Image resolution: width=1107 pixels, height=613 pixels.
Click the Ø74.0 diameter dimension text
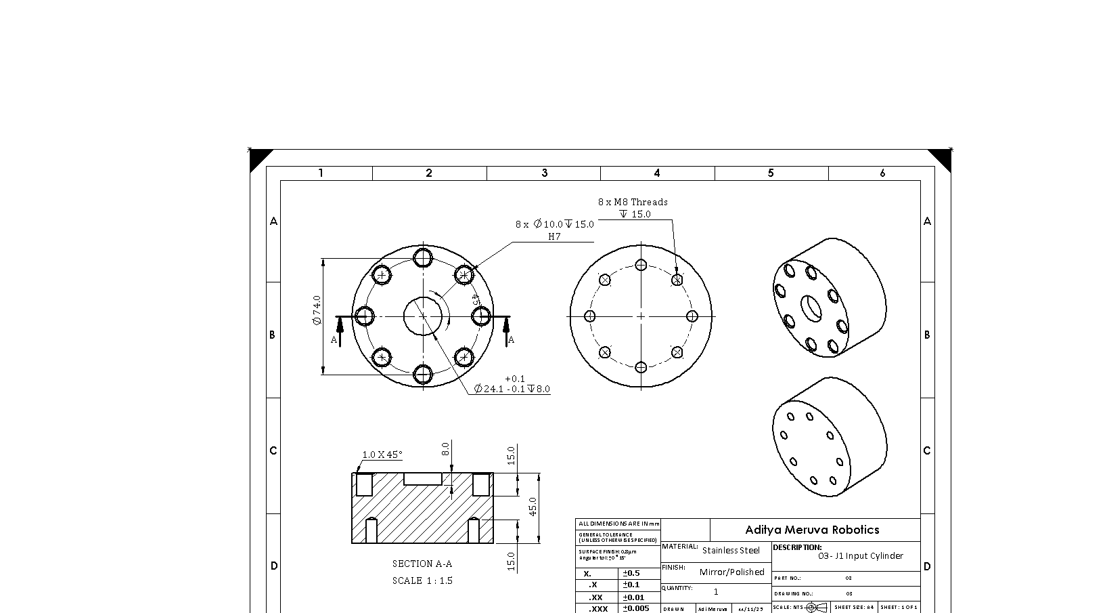point(317,310)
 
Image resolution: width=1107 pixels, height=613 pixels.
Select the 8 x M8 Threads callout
point(633,202)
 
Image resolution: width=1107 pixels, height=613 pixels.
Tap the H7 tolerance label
point(554,236)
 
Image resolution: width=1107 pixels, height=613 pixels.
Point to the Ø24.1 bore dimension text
point(512,389)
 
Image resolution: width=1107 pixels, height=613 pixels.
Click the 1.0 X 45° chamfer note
point(382,455)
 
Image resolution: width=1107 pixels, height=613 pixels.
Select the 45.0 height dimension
point(533,507)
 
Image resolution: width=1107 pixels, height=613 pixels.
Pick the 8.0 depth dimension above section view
point(445,449)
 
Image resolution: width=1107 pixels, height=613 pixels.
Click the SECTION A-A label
point(422,564)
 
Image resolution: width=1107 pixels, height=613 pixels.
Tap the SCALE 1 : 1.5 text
point(422,580)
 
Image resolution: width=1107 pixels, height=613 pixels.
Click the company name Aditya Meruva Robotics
point(812,530)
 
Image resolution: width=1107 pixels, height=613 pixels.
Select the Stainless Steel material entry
point(731,551)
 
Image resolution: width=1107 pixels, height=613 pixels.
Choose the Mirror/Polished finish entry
point(731,572)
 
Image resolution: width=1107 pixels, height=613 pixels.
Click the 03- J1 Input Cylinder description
point(860,556)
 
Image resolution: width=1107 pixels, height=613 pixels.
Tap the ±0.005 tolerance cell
point(636,608)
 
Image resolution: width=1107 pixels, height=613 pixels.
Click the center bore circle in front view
point(423,316)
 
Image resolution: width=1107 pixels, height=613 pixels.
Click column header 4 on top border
point(656,173)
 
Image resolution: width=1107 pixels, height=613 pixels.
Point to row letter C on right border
point(927,450)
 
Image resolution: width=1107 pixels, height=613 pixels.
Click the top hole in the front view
point(423,257)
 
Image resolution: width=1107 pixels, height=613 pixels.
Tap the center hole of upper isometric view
point(811,308)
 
